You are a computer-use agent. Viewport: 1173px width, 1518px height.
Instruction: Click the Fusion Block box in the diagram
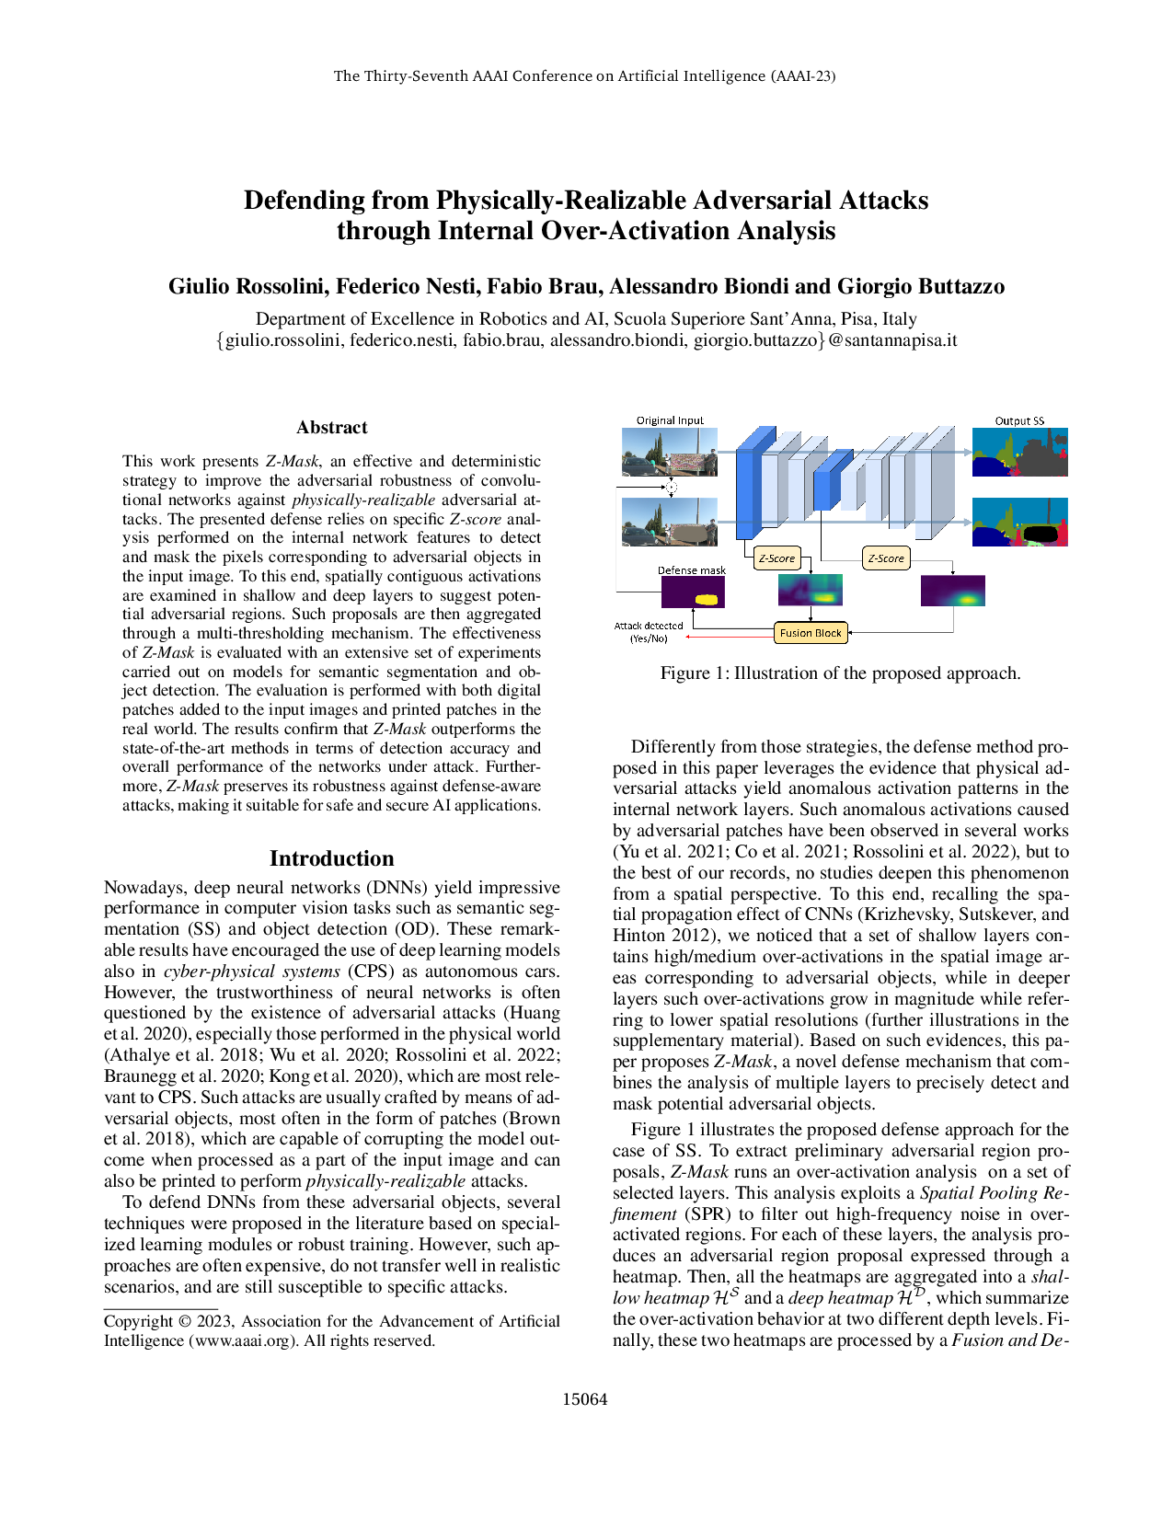pos(810,633)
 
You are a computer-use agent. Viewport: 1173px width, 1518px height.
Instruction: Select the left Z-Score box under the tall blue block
pos(776,558)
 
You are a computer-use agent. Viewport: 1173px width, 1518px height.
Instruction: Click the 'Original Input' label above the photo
pos(670,420)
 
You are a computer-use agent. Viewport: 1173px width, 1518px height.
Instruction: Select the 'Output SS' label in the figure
pos(1019,420)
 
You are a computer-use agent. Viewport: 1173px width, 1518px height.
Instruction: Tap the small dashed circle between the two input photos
pos(671,486)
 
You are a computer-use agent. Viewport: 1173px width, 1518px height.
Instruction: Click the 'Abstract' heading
pos(331,428)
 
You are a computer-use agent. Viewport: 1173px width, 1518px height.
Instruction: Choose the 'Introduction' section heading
pos(331,858)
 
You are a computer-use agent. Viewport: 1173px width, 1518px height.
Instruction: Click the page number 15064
pos(585,1399)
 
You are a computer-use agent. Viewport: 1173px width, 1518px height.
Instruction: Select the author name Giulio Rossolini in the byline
pos(247,287)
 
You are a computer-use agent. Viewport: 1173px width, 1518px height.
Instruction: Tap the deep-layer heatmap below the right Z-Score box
pos(952,592)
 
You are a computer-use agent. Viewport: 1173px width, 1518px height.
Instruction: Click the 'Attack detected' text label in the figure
pos(649,626)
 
